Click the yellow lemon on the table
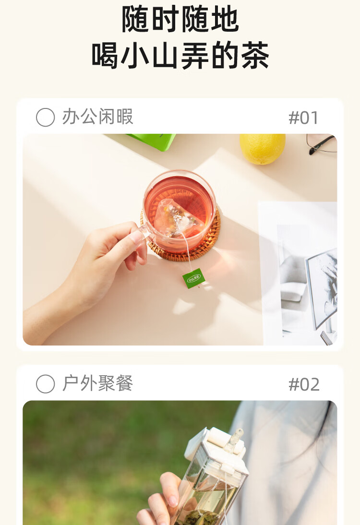(263, 148)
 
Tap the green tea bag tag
(193, 278)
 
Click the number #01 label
(303, 118)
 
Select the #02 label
(304, 384)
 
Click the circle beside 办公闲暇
(45, 118)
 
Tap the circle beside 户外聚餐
(45, 384)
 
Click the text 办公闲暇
(98, 117)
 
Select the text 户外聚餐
(98, 383)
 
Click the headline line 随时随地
(180, 19)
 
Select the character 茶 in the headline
(254, 55)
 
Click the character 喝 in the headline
(105, 55)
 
